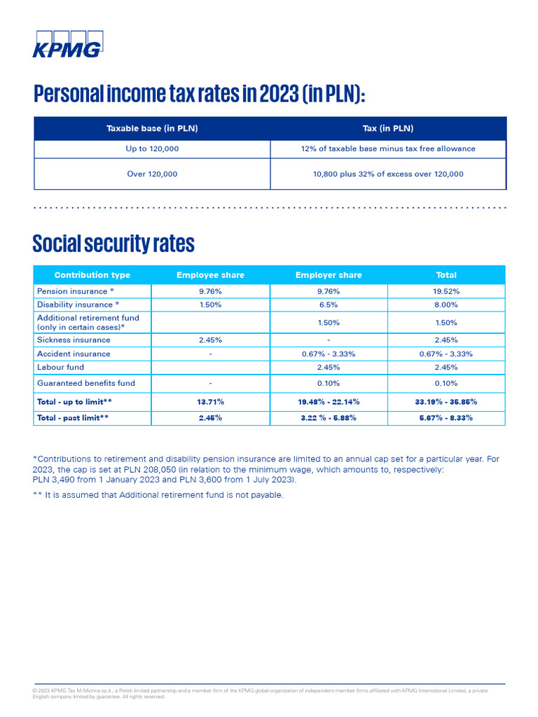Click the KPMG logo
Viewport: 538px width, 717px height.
(67, 43)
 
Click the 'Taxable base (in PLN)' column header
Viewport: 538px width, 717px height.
(152, 128)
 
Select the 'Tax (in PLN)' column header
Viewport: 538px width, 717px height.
(388, 128)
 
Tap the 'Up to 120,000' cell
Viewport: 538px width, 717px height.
(152, 148)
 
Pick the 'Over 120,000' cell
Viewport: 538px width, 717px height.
(152, 174)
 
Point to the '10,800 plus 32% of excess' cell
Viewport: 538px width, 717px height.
(388, 174)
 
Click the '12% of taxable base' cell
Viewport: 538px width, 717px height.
(388, 148)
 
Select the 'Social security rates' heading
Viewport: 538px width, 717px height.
(113, 244)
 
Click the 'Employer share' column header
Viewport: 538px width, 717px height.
(328, 275)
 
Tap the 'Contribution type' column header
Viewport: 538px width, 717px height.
(92, 275)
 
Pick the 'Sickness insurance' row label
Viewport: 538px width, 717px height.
(74, 340)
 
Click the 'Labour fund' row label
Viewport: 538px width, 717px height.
(60, 367)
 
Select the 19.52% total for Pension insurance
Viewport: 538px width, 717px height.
(446, 291)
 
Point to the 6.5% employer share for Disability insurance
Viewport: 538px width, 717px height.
(328, 305)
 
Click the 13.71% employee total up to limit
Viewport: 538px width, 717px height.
(210, 402)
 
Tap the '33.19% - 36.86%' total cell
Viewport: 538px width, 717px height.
(446, 402)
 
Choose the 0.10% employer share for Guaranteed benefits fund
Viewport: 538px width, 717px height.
(328, 383)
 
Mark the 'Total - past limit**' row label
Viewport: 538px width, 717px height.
(73, 417)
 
